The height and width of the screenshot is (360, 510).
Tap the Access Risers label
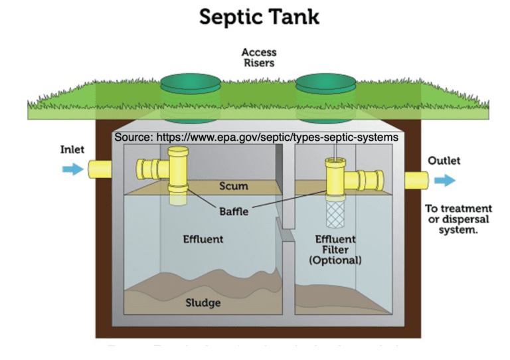click(x=258, y=58)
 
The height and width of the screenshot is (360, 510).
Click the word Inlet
click(x=72, y=149)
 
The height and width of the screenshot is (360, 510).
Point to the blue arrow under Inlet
click(x=70, y=169)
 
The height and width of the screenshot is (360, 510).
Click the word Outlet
click(x=444, y=161)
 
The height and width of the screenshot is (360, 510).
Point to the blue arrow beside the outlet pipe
click(x=446, y=180)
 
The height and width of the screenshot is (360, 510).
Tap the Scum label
click(x=233, y=187)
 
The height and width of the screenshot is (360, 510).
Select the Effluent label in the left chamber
click(x=203, y=238)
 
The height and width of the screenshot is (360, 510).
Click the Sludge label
click(x=203, y=303)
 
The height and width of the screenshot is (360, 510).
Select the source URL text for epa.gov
click(x=256, y=137)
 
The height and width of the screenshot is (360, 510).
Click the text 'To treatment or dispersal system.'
click(x=458, y=219)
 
